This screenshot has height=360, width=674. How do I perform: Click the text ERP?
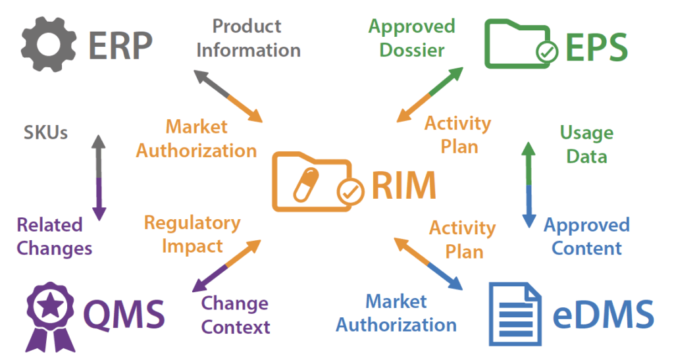tap(120, 45)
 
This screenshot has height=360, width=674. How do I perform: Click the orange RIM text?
tap(403, 185)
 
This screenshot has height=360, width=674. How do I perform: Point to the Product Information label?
tap(248, 38)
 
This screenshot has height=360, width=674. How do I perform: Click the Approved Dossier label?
tap(411, 38)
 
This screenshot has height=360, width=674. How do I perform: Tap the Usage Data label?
tap(586, 145)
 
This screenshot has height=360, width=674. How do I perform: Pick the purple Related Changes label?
tap(54, 236)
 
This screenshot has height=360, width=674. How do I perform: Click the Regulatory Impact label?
tap(192, 234)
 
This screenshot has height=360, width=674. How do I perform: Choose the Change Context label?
tap(235, 315)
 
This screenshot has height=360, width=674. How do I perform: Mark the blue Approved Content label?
tap(586, 236)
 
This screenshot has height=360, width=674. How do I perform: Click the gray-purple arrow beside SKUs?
tap(98, 177)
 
